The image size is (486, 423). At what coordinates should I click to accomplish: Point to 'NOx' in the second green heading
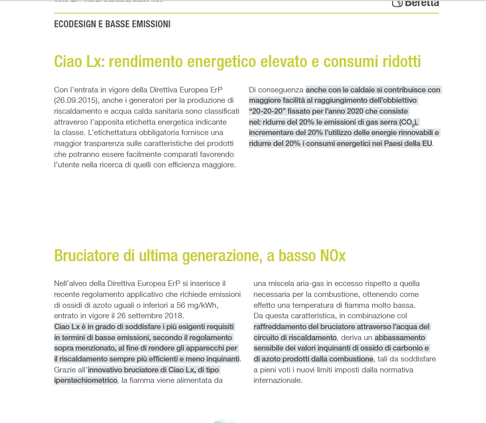click(x=330, y=256)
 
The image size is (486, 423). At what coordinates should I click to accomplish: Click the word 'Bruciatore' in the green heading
click(x=83, y=256)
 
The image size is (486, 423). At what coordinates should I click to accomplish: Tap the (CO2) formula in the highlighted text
click(x=408, y=122)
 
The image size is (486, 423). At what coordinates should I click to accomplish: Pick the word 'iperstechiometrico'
click(x=85, y=380)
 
